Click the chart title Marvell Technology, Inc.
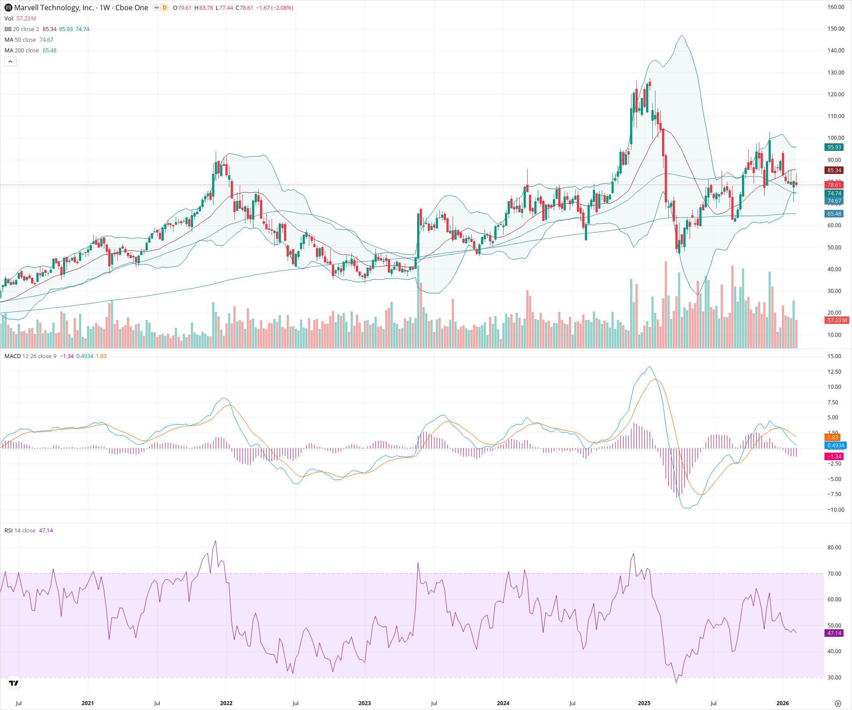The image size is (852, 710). coord(54,8)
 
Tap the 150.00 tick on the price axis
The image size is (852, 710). coord(836,29)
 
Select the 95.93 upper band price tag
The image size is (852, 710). coord(834,147)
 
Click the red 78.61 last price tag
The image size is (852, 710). coord(834,185)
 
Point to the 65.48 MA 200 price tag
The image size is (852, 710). coord(834,214)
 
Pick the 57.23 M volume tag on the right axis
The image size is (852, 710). coord(836,320)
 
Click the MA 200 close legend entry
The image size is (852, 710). coord(22,51)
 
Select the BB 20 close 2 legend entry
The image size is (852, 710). coord(22,29)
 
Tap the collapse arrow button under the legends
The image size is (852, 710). coord(11,62)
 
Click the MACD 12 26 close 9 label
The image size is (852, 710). coord(30,356)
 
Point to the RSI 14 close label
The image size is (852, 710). coord(20,531)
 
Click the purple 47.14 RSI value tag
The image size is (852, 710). coord(834,633)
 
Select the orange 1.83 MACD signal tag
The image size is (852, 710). coord(832,438)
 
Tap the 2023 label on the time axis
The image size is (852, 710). coord(364,703)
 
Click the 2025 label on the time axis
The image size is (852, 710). coord(644,703)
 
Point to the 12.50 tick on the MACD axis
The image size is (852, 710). coord(834,372)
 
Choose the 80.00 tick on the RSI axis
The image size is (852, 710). coord(834,548)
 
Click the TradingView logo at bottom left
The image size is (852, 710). coord(14,683)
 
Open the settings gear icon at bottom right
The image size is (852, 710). coord(838,703)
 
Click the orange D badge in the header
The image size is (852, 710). coord(164,8)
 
